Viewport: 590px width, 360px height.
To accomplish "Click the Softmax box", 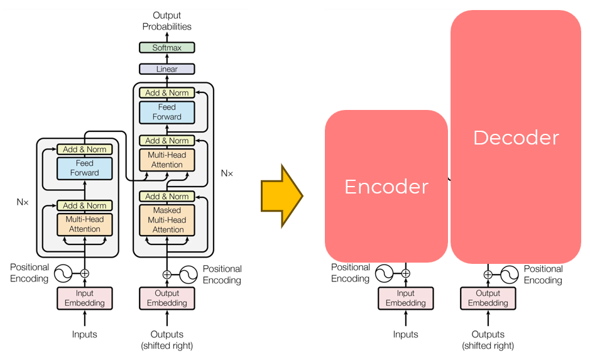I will click(167, 48).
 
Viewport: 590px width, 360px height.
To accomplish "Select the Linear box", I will click(167, 69).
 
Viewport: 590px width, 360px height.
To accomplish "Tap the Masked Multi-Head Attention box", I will click(167, 220).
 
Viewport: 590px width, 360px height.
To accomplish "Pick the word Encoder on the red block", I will click(386, 187).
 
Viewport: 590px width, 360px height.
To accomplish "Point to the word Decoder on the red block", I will click(516, 138).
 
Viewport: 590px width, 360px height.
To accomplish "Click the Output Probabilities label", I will click(167, 21).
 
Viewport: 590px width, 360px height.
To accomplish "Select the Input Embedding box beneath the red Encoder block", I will click(405, 298).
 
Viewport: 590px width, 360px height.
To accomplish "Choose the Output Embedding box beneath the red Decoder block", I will click(488, 298).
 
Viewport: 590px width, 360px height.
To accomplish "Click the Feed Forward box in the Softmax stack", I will click(167, 112).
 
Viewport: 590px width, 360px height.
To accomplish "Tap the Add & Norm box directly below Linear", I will click(167, 93).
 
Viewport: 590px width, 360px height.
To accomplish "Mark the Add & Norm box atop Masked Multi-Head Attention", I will click(167, 197).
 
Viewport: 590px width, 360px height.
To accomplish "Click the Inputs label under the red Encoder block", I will click(405, 334).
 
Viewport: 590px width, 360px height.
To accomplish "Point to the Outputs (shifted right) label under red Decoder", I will click(488, 340).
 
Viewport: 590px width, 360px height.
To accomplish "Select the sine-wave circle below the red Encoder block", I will click(384, 273).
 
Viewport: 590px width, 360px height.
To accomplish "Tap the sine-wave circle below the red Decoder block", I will click(509, 274).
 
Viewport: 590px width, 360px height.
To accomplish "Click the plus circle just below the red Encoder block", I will click(405, 273).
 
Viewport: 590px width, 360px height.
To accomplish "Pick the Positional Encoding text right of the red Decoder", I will click(543, 275).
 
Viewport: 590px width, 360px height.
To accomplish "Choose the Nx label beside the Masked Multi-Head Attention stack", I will click(227, 173).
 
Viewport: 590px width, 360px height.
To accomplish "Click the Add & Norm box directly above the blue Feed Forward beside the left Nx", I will click(84, 150).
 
